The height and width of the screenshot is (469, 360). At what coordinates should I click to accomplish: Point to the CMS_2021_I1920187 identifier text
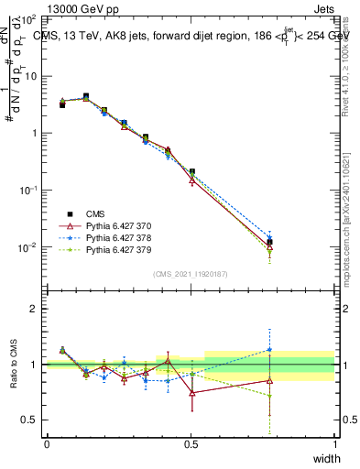click(x=191, y=273)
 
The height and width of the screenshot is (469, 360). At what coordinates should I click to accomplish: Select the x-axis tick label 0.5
click(x=191, y=444)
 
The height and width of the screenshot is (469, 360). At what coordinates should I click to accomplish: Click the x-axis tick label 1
click(x=334, y=444)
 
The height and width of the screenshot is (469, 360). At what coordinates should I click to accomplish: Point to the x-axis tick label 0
click(x=47, y=444)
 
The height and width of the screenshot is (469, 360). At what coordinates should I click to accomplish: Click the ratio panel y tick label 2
click(x=35, y=309)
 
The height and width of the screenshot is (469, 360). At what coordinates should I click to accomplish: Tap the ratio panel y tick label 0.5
click(x=30, y=420)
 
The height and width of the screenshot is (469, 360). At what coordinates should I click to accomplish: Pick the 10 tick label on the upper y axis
click(x=30, y=76)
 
